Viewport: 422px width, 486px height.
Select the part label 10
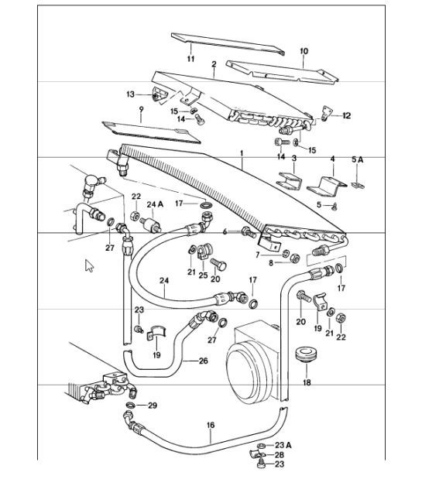(304, 52)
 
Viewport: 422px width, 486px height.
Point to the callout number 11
(190, 58)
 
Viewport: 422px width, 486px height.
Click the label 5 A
(356, 159)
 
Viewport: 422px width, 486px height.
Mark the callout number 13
(131, 94)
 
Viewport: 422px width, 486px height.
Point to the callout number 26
(203, 361)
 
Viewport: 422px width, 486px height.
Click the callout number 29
(153, 406)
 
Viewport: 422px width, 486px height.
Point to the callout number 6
(225, 231)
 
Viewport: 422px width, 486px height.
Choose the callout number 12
(346, 115)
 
